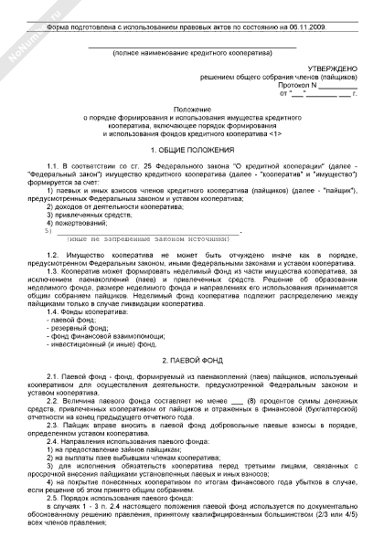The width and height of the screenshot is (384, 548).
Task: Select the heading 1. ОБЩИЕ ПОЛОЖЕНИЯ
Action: (x=192, y=148)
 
